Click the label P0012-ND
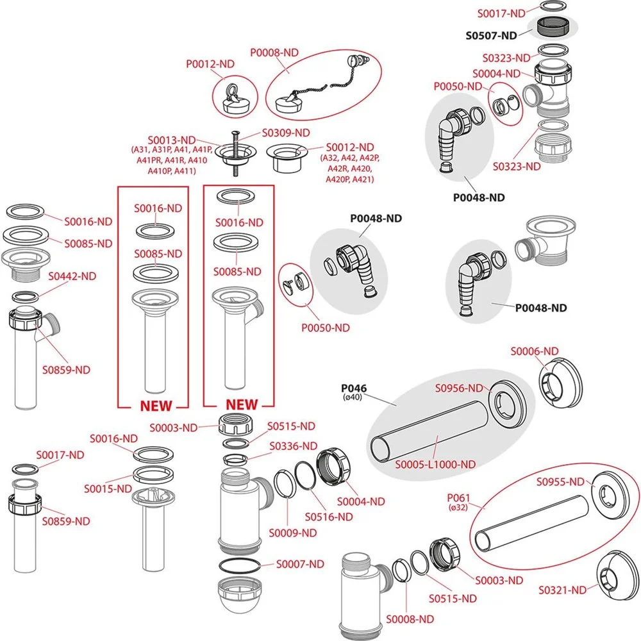(210, 63)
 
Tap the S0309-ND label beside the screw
(286, 133)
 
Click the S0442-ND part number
(72, 276)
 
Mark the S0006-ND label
(534, 351)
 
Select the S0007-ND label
(300, 564)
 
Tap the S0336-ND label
(293, 445)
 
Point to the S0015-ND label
(108, 488)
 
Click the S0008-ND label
(410, 619)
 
